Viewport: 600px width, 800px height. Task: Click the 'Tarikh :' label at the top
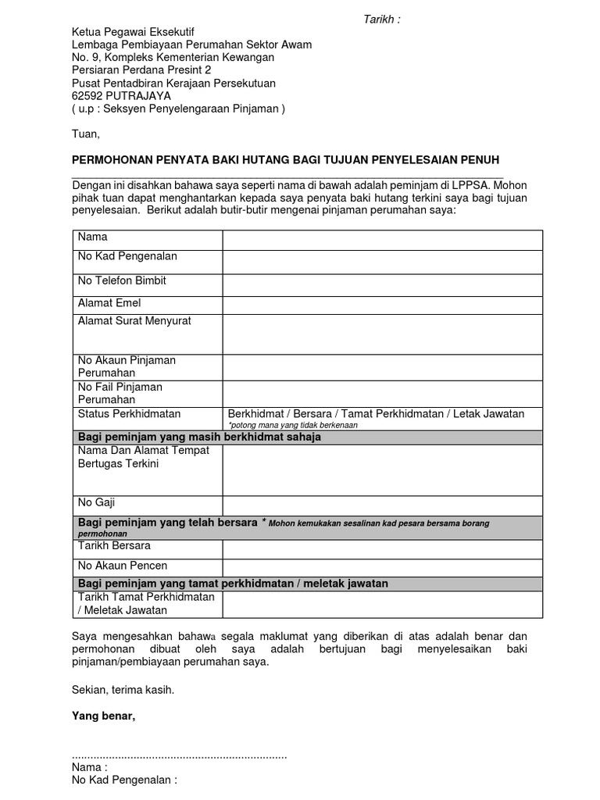tap(382, 19)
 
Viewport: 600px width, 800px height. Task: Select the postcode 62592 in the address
tap(87, 95)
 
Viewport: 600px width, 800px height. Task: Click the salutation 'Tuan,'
tap(86, 134)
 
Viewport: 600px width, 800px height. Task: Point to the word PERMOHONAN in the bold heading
tap(109, 159)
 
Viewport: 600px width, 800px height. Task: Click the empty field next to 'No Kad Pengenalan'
tap(382, 262)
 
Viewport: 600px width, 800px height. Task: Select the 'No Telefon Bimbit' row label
tap(122, 280)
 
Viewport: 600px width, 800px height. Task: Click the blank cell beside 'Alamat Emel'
tap(382, 305)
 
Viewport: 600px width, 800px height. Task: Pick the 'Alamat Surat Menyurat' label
tap(134, 320)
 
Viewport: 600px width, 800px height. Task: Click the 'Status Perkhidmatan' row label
tap(129, 413)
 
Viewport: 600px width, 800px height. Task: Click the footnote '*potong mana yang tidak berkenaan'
tap(292, 425)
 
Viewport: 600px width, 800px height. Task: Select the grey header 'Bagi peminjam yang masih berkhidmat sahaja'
tap(199, 437)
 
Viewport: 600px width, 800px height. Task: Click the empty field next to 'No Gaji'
tap(382, 505)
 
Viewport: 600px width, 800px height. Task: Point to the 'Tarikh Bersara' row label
tap(114, 545)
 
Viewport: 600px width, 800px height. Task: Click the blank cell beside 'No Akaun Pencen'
tap(382, 568)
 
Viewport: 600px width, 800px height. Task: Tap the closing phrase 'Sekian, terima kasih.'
tap(123, 690)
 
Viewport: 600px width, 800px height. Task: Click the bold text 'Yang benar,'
tap(103, 716)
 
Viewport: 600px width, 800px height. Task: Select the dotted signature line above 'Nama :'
tap(179, 756)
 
